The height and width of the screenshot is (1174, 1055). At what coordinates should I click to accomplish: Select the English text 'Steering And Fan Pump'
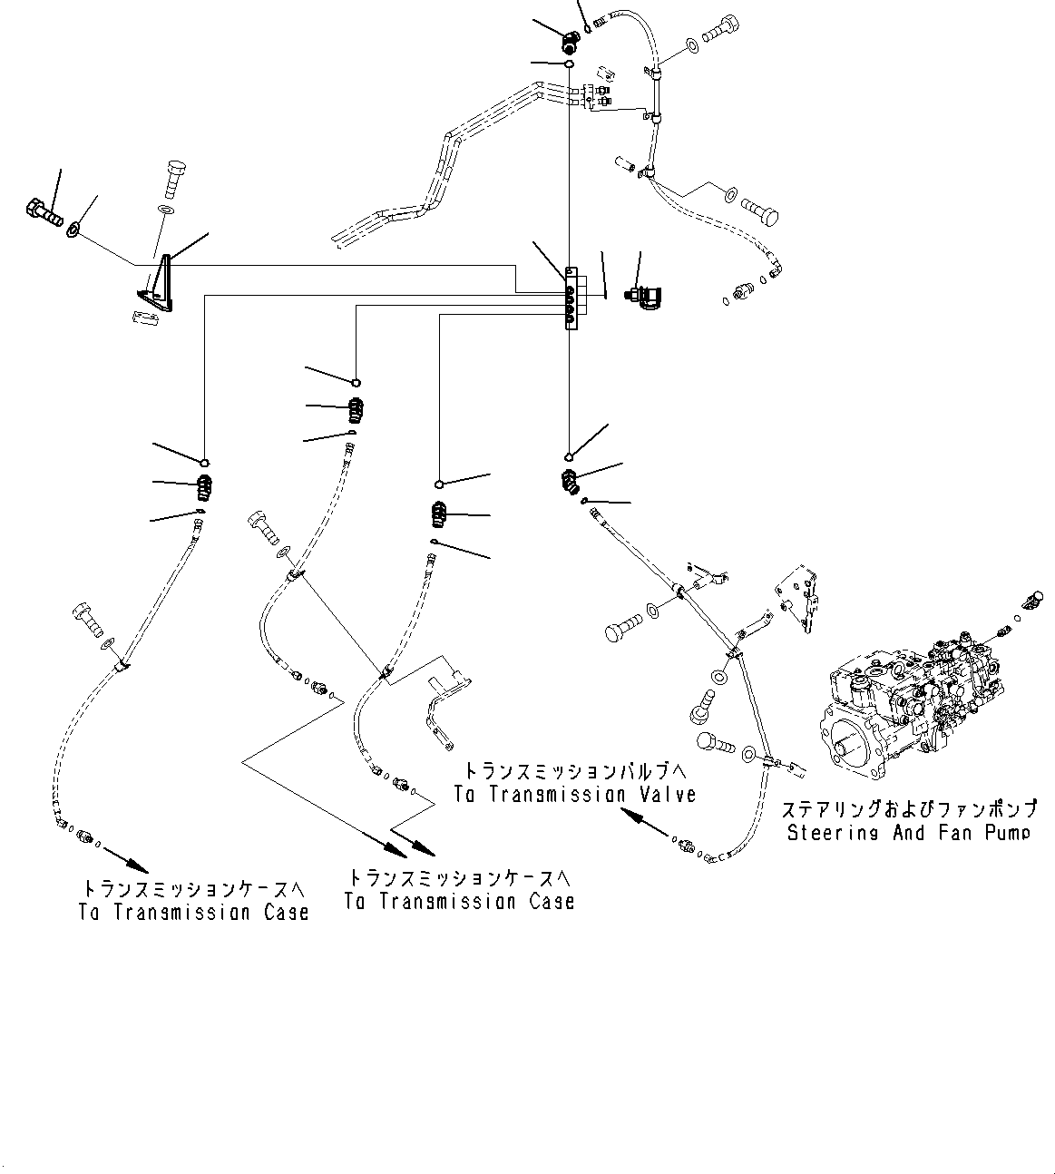(908, 832)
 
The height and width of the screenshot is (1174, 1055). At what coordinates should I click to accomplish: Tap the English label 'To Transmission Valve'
(575, 794)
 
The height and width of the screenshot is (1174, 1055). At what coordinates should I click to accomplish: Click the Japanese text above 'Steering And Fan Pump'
(908, 807)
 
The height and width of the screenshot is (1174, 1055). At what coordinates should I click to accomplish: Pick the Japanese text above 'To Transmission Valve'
(575, 769)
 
